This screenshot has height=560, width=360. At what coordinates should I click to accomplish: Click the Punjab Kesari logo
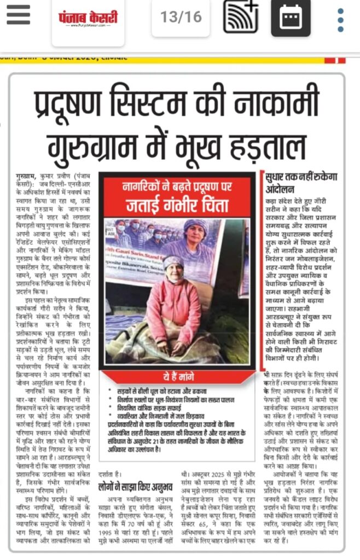(88, 19)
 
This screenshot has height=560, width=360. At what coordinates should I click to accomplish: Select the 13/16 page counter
(181, 17)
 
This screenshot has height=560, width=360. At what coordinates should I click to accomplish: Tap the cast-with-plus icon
(240, 17)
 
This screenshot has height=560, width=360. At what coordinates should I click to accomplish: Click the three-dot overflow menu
(340, 19)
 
